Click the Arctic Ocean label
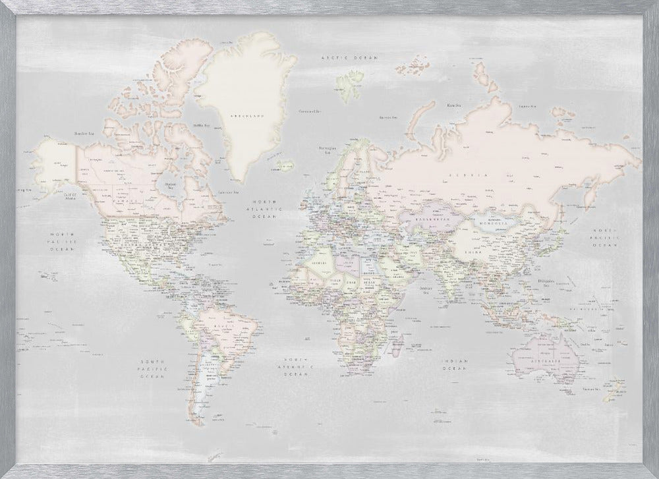349,59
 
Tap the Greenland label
246,115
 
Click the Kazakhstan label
432,217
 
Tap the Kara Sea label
453,105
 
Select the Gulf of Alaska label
72,195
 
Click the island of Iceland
285,165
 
